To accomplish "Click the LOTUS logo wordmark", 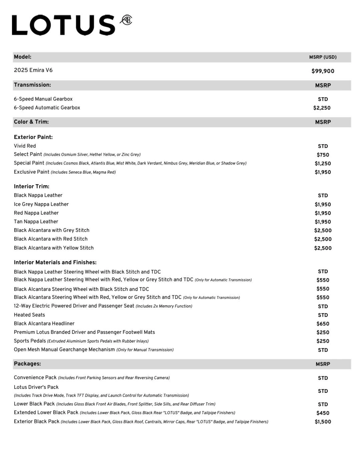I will [64, 25].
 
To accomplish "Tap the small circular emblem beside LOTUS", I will [126, 20].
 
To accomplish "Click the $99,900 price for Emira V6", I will [323, 71].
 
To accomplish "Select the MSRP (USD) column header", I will [323, 57].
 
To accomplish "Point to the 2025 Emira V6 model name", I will [33, 70].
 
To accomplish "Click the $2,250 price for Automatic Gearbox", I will [322, 108].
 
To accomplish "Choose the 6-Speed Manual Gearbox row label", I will [43, 99].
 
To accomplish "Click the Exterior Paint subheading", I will [33, 137].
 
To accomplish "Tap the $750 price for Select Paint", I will [323, 155].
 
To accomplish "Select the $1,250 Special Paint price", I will [323, 164].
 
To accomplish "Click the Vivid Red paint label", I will [25, 146].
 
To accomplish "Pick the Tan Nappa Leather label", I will [36, 222].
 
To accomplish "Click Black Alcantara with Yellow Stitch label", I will [54, 248].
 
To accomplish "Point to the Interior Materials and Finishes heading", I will [55, 262].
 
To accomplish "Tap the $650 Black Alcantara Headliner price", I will [323, 324].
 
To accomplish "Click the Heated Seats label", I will [29, 315].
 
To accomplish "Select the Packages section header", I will [27, 364].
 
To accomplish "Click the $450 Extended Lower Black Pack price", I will [323, 413].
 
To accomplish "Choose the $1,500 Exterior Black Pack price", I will [323, 422].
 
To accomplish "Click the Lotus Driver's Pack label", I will [36, 387].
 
